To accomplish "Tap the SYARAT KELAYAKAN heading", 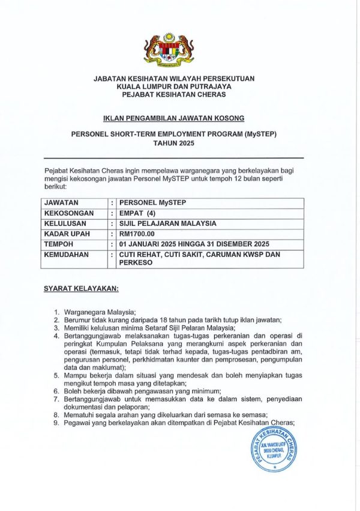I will (x=81, y=288).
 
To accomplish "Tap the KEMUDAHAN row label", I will (x=66, y=254).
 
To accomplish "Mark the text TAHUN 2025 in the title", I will (x=173, y=144).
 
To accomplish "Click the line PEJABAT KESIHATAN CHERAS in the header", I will (x=173, y=95).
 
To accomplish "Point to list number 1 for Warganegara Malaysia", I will (x=56, y=312).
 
